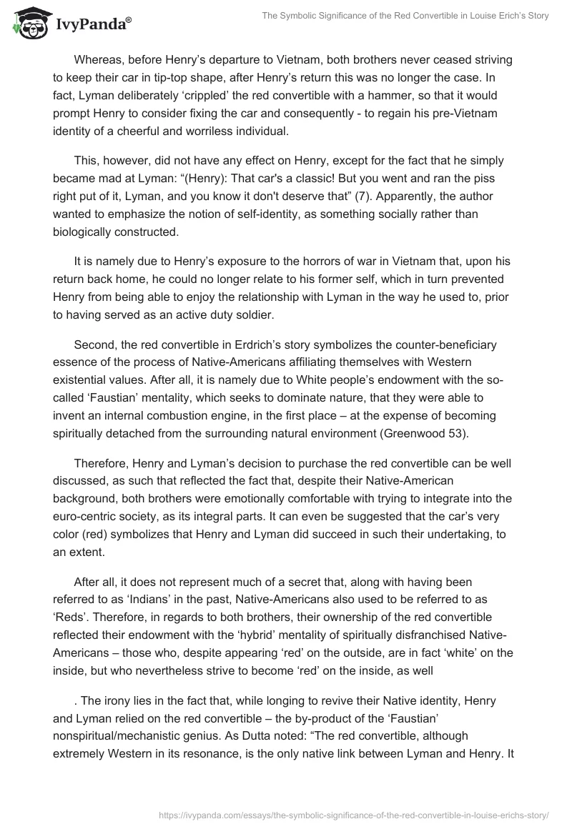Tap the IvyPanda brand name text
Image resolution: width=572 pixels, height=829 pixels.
94,24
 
